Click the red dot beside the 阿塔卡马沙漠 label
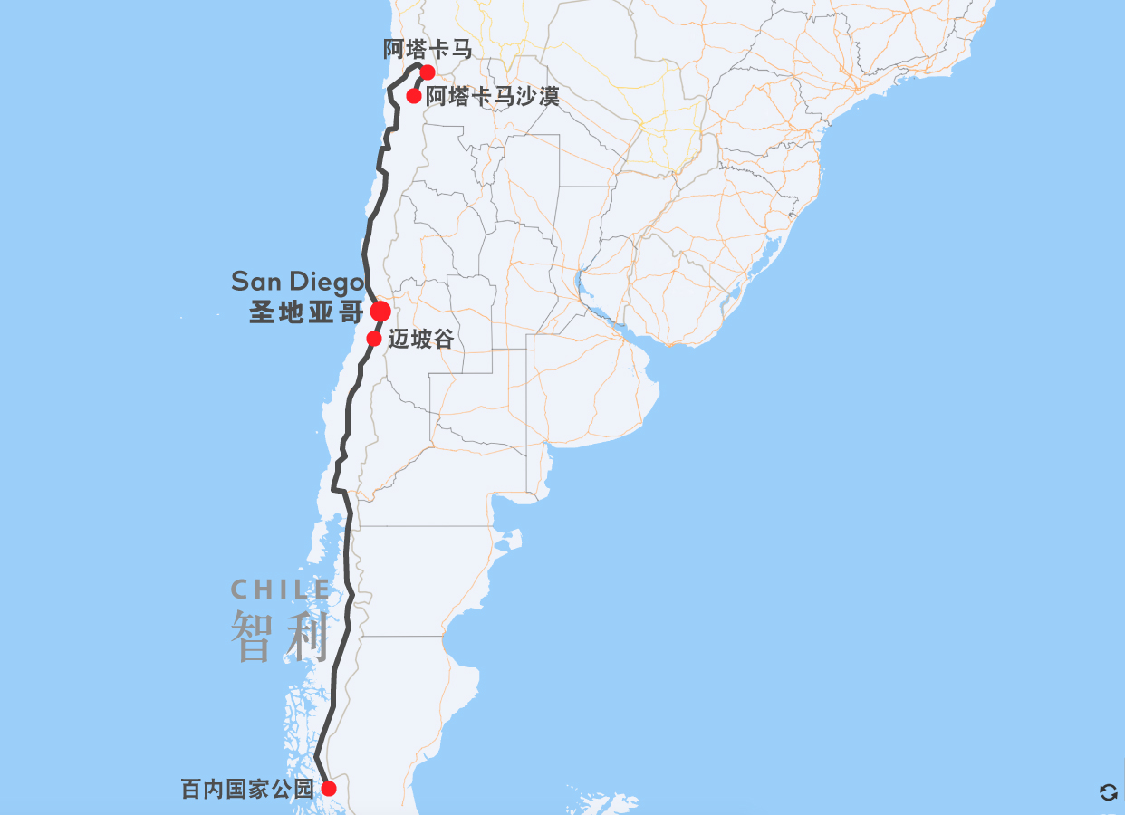[x=414, y=96]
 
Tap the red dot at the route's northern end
[x=428, y=72]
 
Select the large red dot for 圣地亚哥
[x=380, y=312]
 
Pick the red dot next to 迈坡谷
[x=373, y=339]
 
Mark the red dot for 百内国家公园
[x=329, y=789]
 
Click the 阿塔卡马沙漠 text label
[x=493, y=96]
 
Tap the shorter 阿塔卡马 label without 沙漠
[x=428, y=50]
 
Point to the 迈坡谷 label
[x=420, y=340]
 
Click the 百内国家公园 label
[x=246, y=789]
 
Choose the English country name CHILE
[x=281, y=590]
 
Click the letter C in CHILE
[x=239, y=590]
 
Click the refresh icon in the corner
[x=1108, y=792]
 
